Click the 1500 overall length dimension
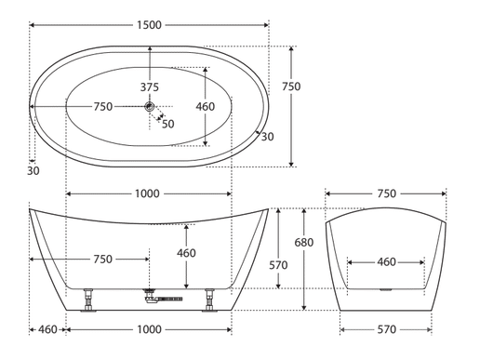click(x=149, y=25)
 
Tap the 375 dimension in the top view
click(x=150, y=87)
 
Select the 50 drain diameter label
click(x=168, y=124)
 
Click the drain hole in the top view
click(x=150, y=107)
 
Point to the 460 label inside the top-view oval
click(x=206, y=107)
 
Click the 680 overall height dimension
click(x=304, y=242)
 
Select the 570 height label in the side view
click(x=278, y=265)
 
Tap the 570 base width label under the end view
click(x=387, y=329)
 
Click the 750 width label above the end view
click(x=387, y=193)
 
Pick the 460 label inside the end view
click(x=387, y=262)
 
